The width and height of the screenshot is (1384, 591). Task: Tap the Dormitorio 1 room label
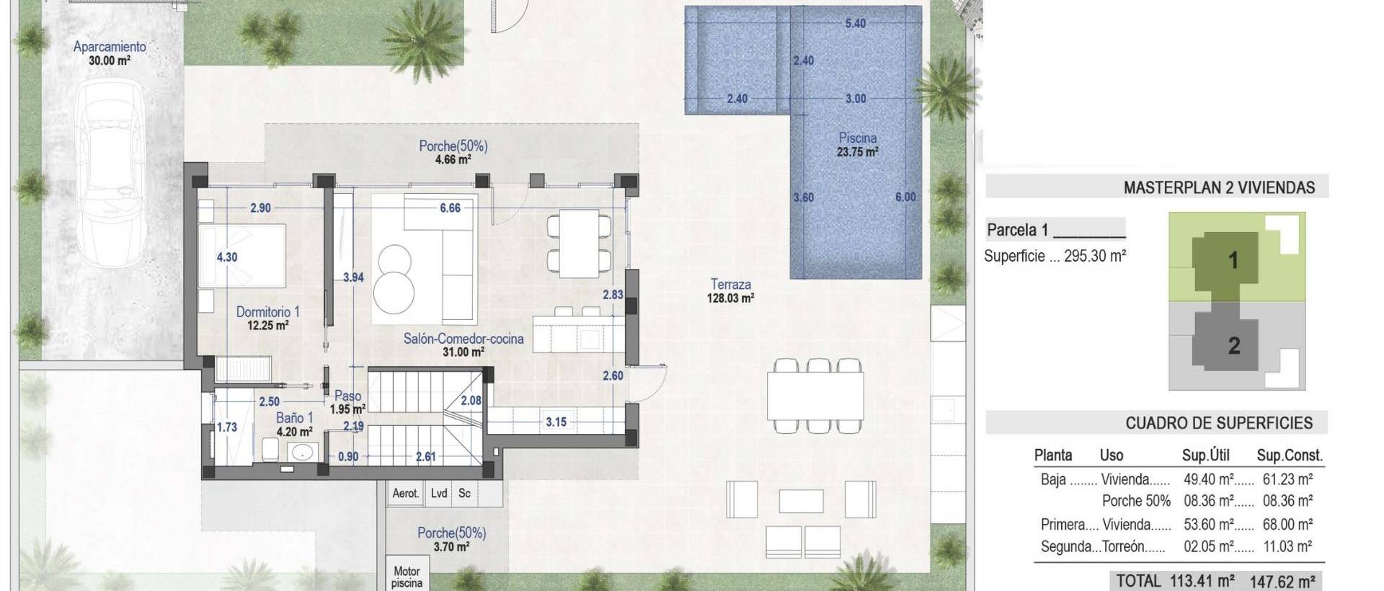267,318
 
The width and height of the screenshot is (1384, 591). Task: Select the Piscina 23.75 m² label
857,144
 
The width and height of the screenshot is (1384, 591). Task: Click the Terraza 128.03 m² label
731,290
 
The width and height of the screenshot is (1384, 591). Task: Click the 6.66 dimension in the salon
450,208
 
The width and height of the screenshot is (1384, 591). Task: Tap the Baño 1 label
294,424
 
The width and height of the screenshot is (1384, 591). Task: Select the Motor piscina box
407,577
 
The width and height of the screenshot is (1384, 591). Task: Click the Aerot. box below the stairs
405,494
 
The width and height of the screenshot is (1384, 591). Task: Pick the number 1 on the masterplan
1233,259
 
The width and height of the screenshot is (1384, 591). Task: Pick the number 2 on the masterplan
1233,346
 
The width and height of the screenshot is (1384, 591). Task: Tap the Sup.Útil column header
1205,456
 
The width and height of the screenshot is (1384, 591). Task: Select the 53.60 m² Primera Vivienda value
1209,524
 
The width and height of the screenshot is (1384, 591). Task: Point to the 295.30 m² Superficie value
1095,255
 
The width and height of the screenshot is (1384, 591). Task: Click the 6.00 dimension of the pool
905,197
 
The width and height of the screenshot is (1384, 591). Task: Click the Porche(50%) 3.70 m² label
451,539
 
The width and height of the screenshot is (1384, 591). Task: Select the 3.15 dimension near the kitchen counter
556,422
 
